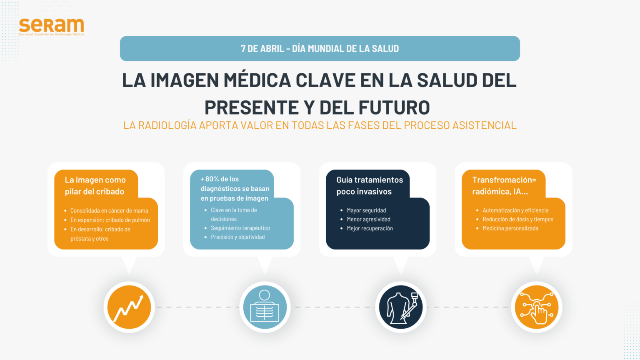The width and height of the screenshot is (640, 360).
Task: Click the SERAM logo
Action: coord(51,27)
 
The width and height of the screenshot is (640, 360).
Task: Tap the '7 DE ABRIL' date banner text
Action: coord(320,49)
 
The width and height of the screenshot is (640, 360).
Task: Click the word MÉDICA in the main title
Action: coord(257,80)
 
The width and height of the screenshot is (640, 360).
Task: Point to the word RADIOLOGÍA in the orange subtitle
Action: coord(167,125)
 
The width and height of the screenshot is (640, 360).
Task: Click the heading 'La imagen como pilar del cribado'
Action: coord(95,185)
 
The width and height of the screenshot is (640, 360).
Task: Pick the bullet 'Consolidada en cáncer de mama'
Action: coord(109,210)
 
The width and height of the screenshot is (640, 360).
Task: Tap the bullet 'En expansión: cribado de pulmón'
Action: coord(110,220)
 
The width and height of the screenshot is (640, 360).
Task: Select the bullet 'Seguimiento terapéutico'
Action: coord(240,228)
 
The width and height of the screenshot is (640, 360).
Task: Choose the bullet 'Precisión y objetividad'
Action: coord(238,237)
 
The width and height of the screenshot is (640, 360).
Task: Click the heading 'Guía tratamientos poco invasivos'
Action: coord(370,185)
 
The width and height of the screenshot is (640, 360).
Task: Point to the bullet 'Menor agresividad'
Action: coord(369,220)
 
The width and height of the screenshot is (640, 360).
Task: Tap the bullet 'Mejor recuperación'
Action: coord(370,228)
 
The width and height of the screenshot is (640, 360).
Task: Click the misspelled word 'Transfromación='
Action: coord(504,180)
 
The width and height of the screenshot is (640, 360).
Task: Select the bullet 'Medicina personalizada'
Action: coord(510,228)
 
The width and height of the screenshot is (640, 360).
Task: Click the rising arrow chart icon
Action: coord(129,307)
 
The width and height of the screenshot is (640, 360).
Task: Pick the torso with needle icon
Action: coord(401,308)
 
